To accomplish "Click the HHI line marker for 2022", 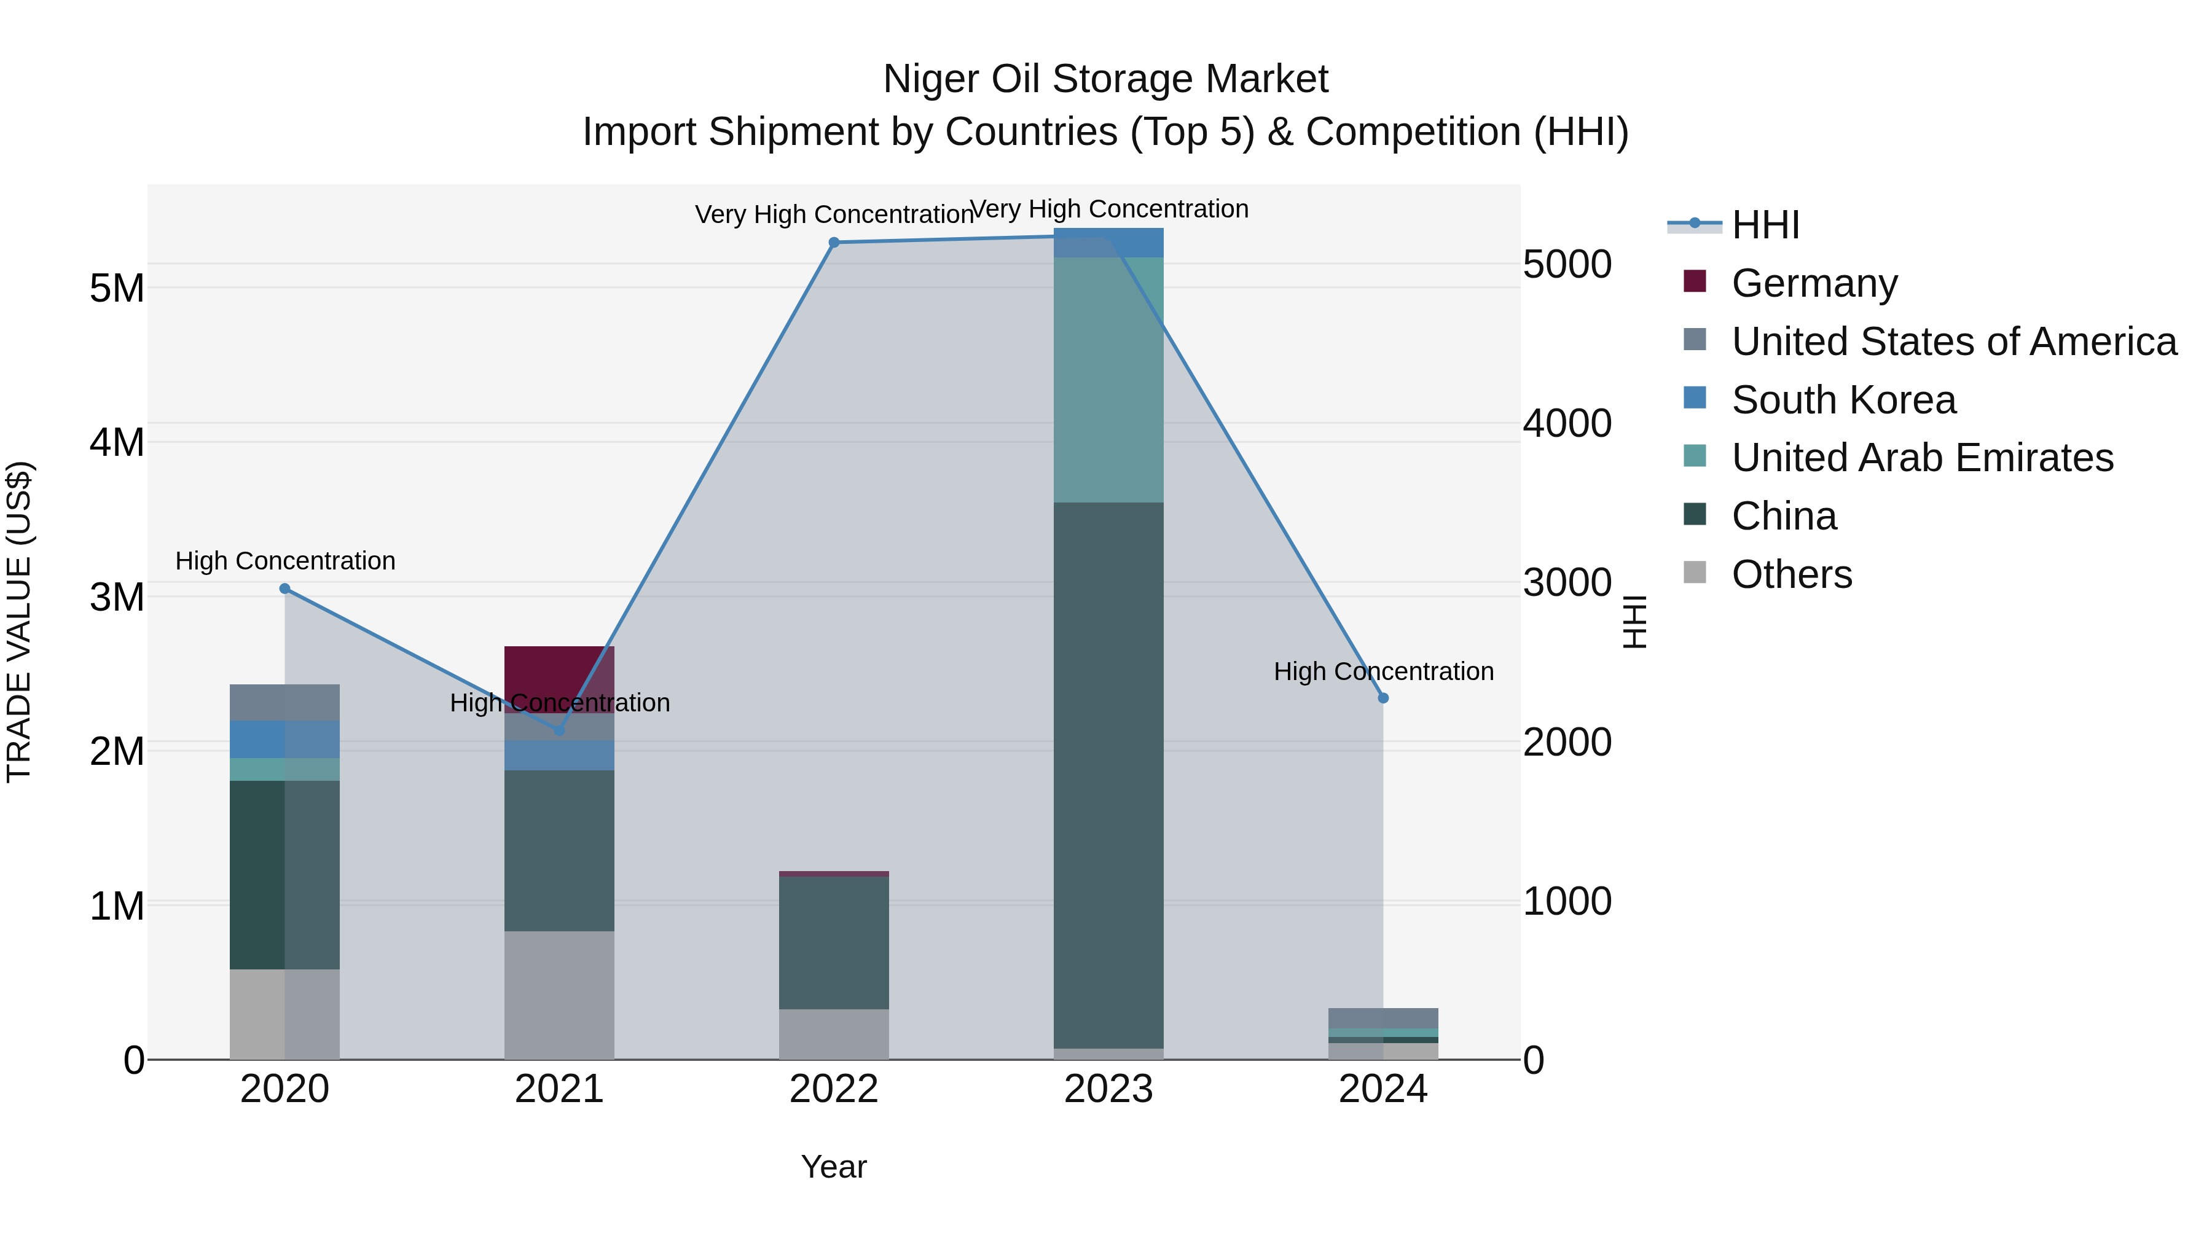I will [x=834, y=243].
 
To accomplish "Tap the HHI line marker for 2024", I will [x=1382, y=698].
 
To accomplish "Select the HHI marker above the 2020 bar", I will [x=285, y=588].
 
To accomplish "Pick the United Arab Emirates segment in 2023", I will [x=1108, y=380].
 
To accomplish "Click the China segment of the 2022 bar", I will [x=834, y=942].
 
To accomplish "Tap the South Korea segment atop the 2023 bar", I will [x=1108, y=243].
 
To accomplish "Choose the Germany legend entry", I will [x=1814, y=283].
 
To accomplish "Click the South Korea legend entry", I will [x=1843, y=400].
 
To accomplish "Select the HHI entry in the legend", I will [x=1765, y=225].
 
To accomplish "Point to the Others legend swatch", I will [x=1694, y=573].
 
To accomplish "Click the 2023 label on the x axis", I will [x=1108, y=1089].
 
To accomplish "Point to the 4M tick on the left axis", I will [x=117, y=443].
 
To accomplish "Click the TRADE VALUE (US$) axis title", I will [x=19, y=622].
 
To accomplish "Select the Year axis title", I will [x=834, y=1167].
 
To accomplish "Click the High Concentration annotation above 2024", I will [x=1382, y=671].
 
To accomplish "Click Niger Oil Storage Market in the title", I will [x=1105, y=79].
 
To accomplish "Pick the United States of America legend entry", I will [x=1953, y=342].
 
